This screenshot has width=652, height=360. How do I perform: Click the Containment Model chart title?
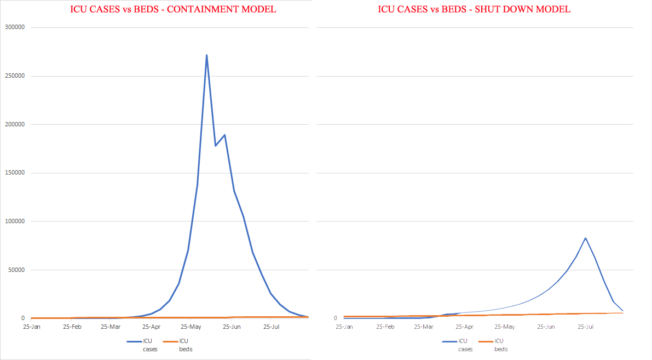[x=172, y=9]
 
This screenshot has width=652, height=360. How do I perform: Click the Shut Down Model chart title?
[x=474, y=9]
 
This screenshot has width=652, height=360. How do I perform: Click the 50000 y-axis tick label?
[x=16, y=270]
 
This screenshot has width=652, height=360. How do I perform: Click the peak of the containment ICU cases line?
[x=206, y=55]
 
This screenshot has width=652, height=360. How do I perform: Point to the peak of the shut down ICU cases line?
[x=586, y=238]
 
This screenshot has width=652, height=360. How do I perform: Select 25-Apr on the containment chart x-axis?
[x=151, y=327]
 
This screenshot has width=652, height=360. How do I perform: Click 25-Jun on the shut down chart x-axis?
[x=546, y=327]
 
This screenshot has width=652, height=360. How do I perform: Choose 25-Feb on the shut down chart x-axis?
[x=385, y=327]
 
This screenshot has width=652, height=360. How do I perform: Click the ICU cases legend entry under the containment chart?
[x=140, y=345]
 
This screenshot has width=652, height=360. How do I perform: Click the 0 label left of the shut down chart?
[x=336, y=318]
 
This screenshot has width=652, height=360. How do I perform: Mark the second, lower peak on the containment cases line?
[x=224, y=135]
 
